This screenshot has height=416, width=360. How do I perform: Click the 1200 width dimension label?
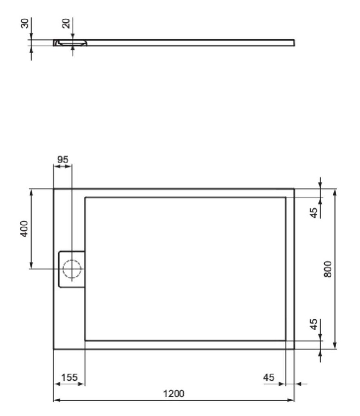coord(174,393)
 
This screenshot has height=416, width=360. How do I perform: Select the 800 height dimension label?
coord(328,269)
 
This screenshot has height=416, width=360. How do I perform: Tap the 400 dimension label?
coord(24,228)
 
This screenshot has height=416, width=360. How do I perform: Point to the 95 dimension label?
coord(63,159)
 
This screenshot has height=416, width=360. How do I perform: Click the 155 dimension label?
coord(69,377)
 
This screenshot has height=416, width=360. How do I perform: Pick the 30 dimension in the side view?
coord(25,23)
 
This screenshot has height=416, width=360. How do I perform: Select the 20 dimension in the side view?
coord(66,23)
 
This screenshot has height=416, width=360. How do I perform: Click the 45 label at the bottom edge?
coord(269,377)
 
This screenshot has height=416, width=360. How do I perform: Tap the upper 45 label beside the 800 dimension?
coord(314,213)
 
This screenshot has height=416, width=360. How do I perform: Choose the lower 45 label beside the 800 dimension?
coord(314,324)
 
